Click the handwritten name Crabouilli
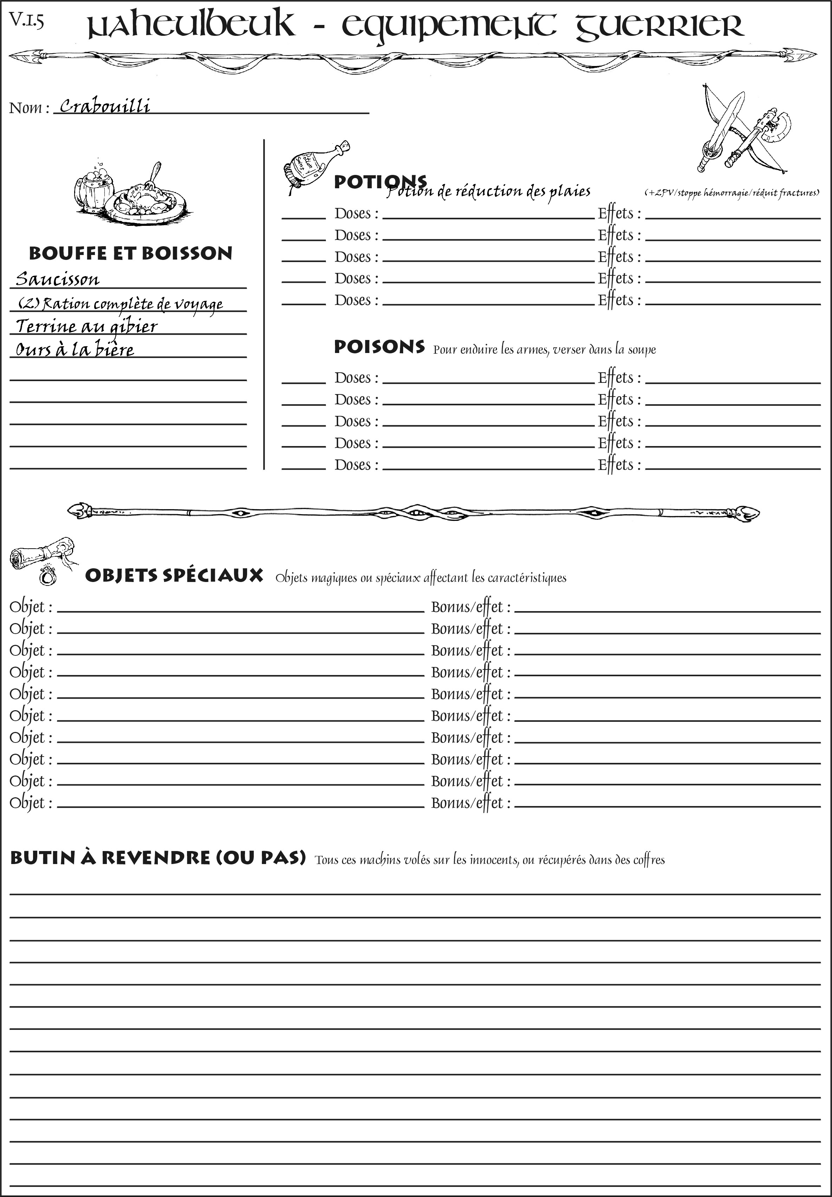pos(105,106)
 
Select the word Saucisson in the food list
pos(57,279)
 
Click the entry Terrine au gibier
pos(86,326)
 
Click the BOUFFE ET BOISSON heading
pos(130,253)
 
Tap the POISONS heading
pos(379,347)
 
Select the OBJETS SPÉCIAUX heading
pos(174,576)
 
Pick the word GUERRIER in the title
pos(659,26)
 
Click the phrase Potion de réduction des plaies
pos(489,192)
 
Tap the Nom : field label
pos(29,108)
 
